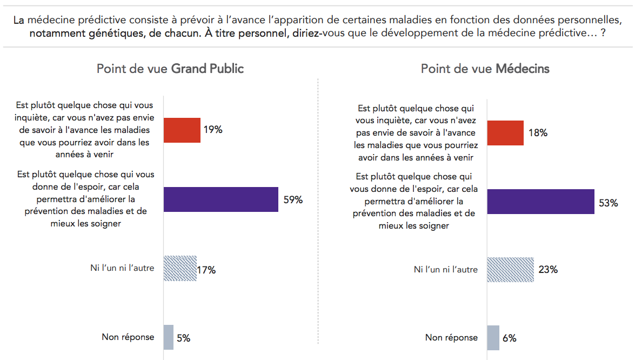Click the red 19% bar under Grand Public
pyautogui.click(x=182, y=130)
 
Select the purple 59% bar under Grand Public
pyautogui.click(x=221, y=199)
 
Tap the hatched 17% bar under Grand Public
pyautogui.click(x=180, y=269)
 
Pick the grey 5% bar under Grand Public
pyautogui.click(x=169, y=337)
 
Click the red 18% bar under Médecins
pyautogui.click(x=505, y=133)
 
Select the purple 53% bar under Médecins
pyautogui.click(x=540, y=202)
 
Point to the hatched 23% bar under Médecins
pyautogui.click(x=510, y=269)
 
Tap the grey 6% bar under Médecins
pyautogui.click(x=493, y=338)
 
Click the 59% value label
pyautogui.click(x=293, y=200)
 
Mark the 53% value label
pyautogui.click(x=608, y=203)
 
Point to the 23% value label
pyautogui.click(x=548, y=269)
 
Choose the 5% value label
pyautogui.click(x=183, y=338)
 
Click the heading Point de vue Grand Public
pyautogui.click(x=170, y=69)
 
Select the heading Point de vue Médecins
pyautogui.click(x=485, y=69)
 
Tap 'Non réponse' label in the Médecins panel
pyautogui.click(x=451, y=338)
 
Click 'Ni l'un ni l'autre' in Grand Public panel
pyautogui.click(x=122, y=268)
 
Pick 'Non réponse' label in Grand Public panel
pyautogui.click(x=128, y=337)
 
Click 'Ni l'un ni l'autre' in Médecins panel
pyautogui.click(x=445, y=269)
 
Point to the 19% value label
pyautogui.click(x=213, y=130)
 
